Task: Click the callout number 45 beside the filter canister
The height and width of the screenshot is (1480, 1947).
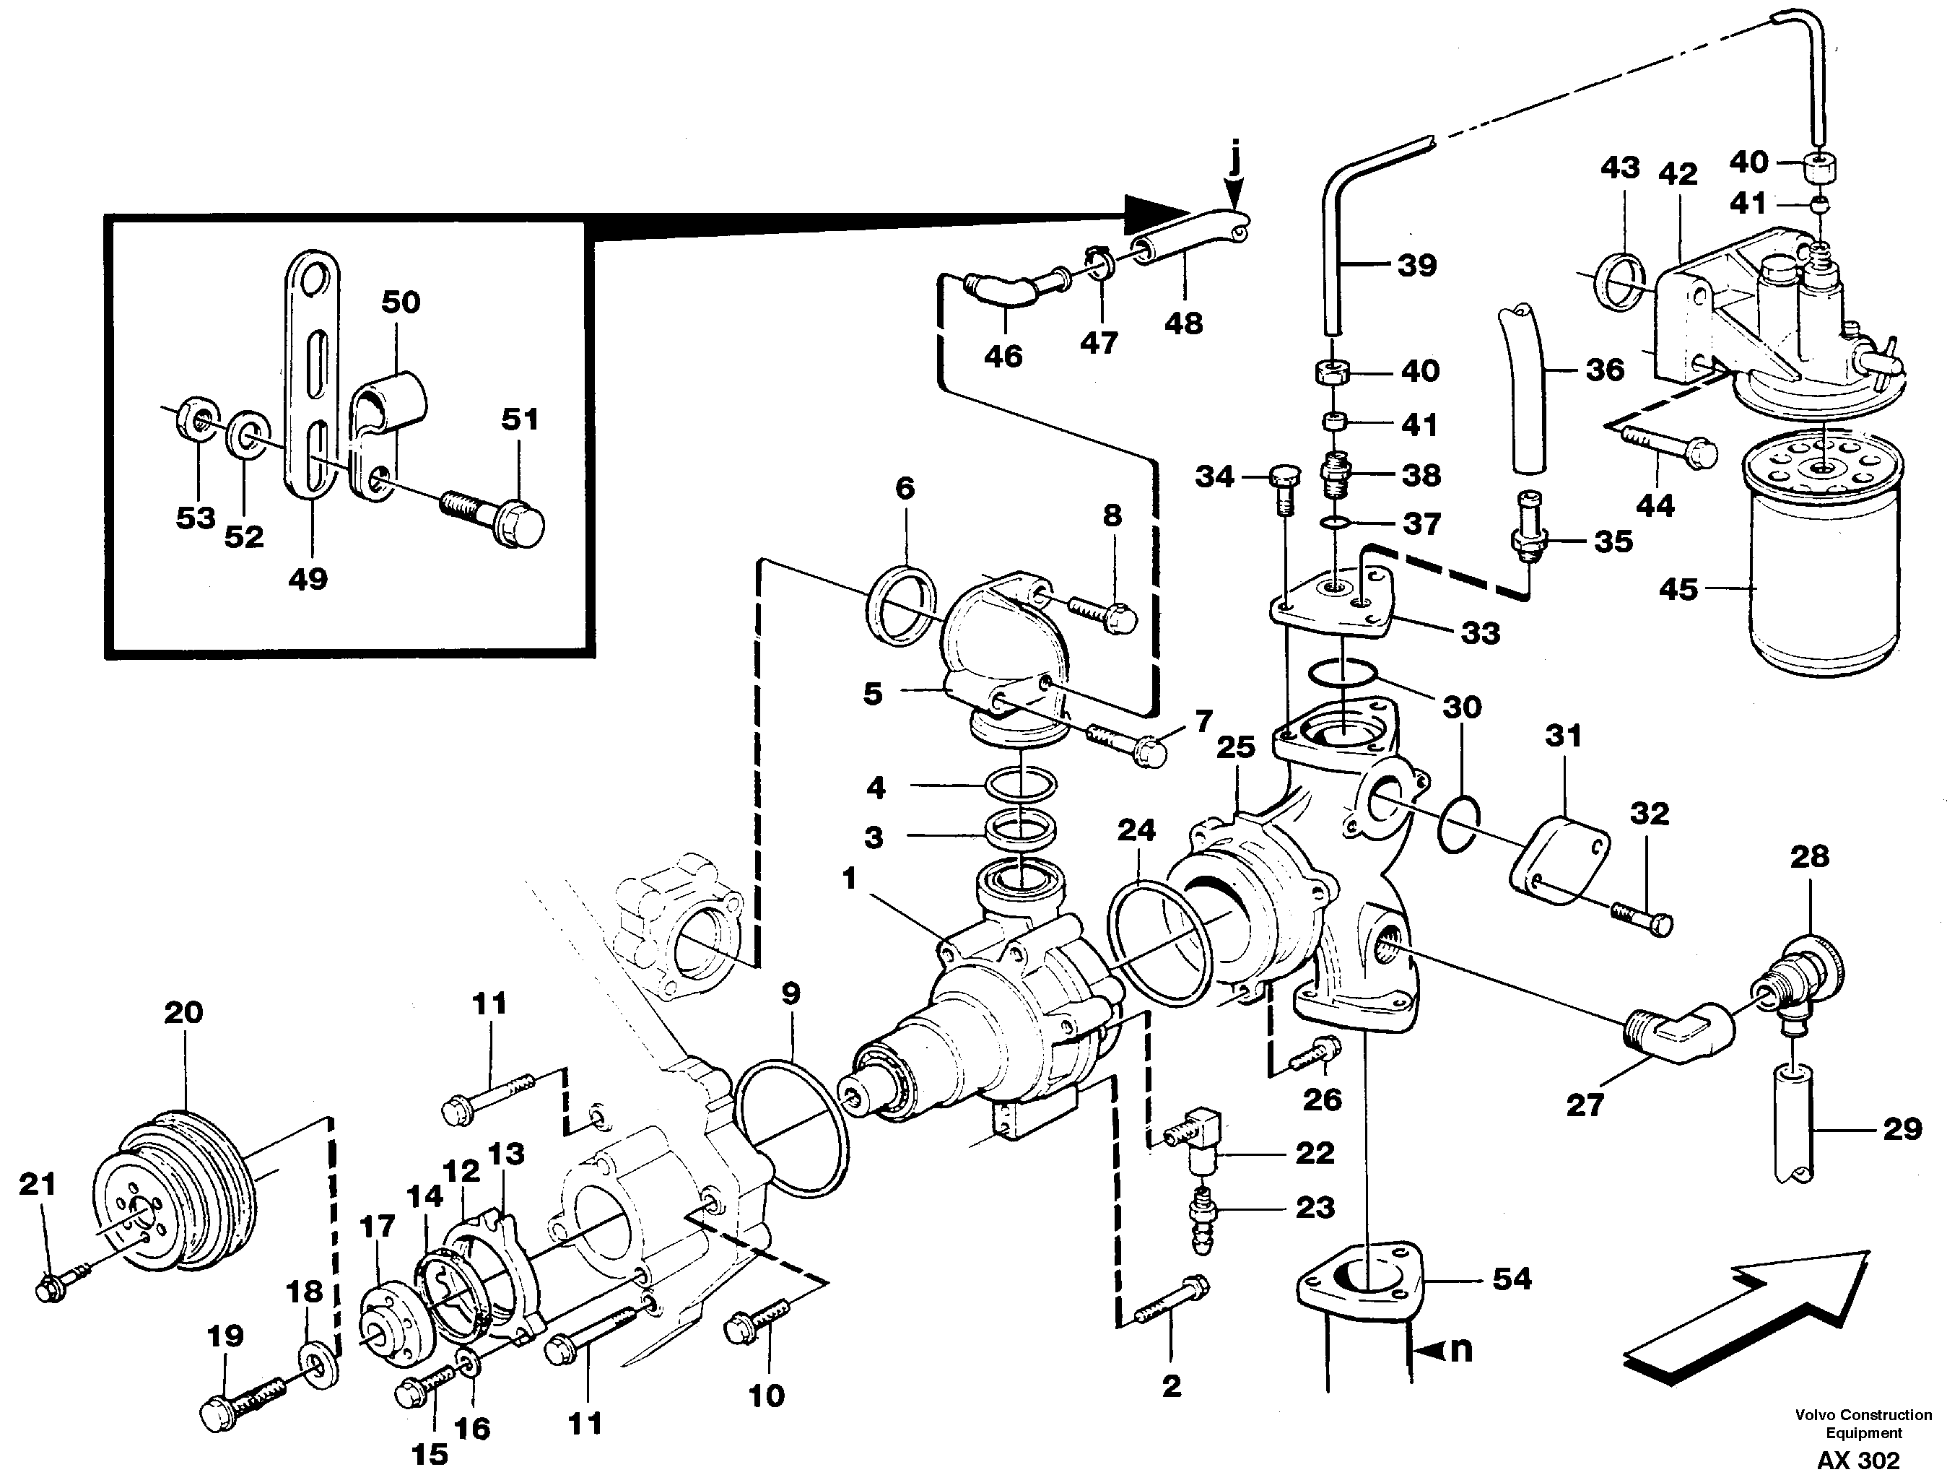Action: (1678, 588)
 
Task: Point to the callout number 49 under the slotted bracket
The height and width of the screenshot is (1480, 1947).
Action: (308, 579)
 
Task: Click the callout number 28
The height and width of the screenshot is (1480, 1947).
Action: (1810, 856)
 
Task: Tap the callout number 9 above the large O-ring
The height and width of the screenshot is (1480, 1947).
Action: (790, 993)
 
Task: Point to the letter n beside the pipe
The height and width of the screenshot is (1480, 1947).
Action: (1460, 1349)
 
